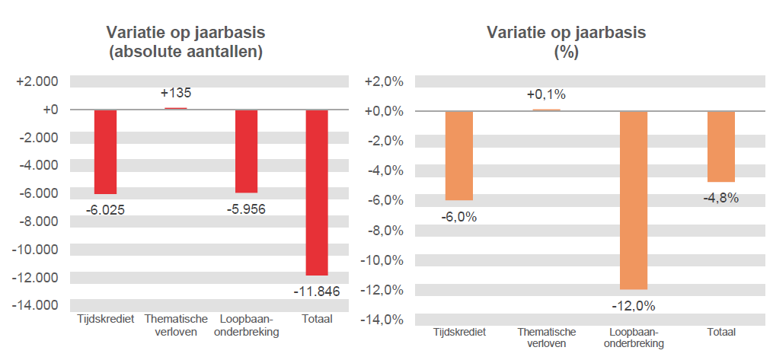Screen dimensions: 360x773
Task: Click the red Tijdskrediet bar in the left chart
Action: (x=105, y=151)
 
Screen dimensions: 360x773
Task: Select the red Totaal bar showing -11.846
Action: (x=317, y=192)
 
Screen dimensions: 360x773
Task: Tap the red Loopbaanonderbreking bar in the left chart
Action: (x=246, y=151)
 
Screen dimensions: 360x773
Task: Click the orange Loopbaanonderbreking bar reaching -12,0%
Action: (x=633, y=200)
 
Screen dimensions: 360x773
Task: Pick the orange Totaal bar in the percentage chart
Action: (x=720, y=146)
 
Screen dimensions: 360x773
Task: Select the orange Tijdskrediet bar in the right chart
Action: (x=459, y=155)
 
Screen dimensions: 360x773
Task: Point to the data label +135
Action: (x=176, y=94)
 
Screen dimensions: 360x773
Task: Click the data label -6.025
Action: (x=106, y=209)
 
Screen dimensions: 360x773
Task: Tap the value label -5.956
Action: (x=246, y=209)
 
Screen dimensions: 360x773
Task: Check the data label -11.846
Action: (x=316, y=292)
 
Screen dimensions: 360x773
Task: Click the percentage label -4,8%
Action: (x=720, y=199)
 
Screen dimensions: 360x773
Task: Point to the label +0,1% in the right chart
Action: (x=546, y=95)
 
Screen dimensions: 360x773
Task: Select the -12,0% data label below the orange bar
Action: (x=633, y=306)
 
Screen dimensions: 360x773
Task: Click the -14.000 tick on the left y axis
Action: (x=37, y=305)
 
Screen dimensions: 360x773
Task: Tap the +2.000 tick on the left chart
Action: (x=37, y=81)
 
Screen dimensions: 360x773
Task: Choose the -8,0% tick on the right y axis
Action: (x=387, y=231)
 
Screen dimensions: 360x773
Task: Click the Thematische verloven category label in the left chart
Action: (x=176, y=325)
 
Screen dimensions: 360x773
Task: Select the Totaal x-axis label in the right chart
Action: (x=720, y=333)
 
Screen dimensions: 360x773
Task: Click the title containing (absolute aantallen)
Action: (x=186, y=53)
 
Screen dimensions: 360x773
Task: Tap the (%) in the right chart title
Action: (x=566, y=53)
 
